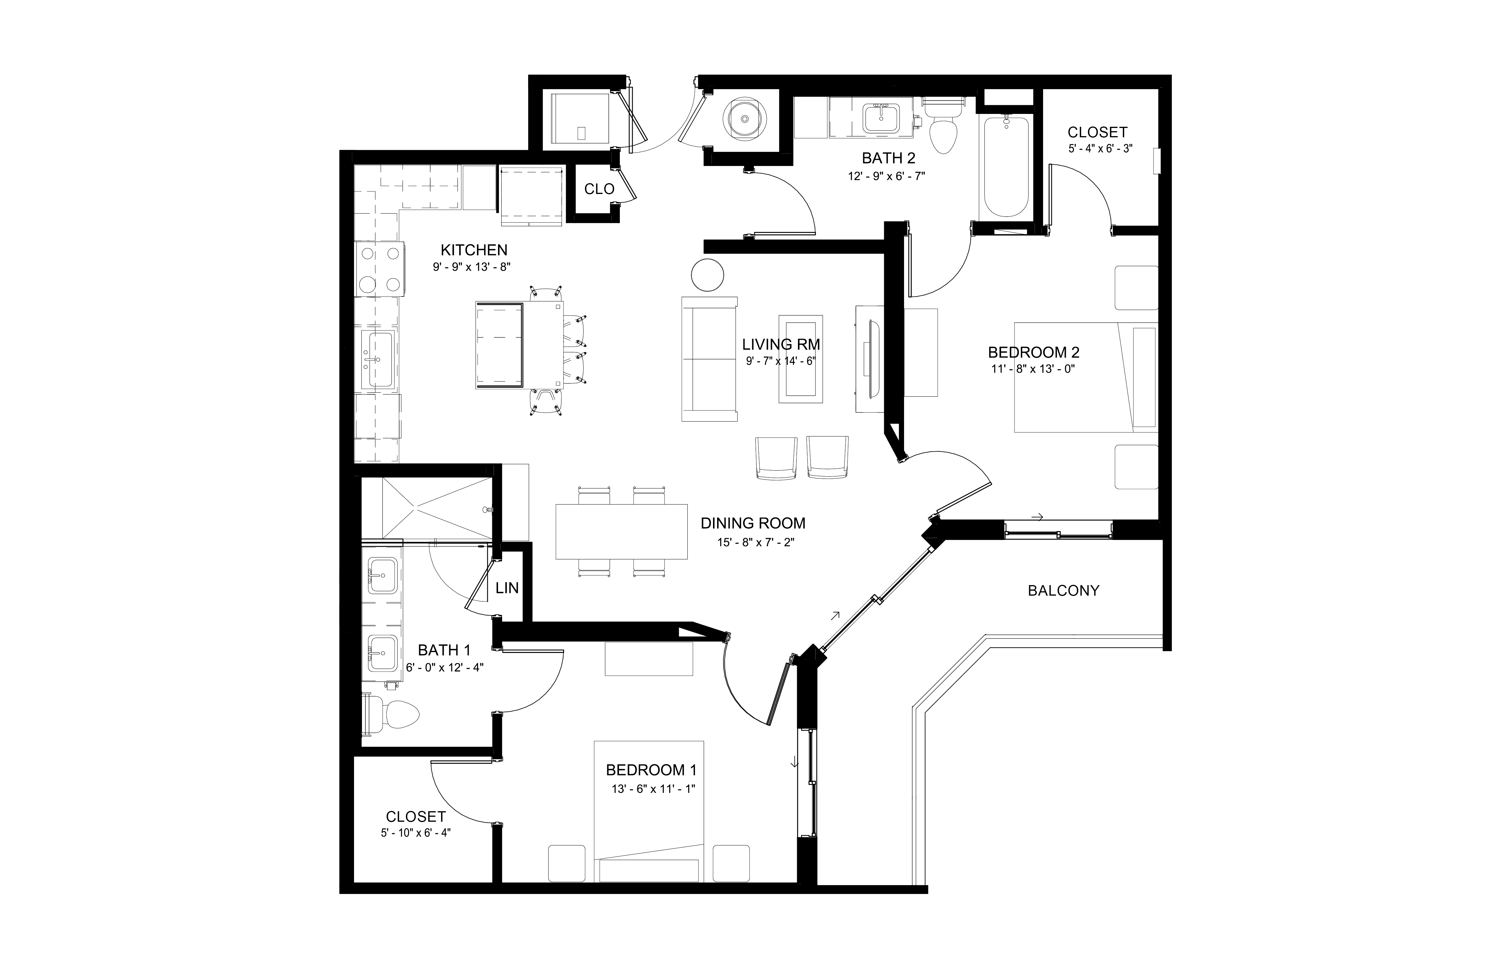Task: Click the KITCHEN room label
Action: click(474, 250)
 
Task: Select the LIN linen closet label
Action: click(507, 588)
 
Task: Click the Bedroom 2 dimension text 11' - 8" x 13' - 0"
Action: click(1033, 369)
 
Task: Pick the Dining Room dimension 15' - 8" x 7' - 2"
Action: click(755, 542)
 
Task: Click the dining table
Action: click(621, 531)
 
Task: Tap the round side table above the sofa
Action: click(707, 275)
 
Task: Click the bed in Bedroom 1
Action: click(649, 811)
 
